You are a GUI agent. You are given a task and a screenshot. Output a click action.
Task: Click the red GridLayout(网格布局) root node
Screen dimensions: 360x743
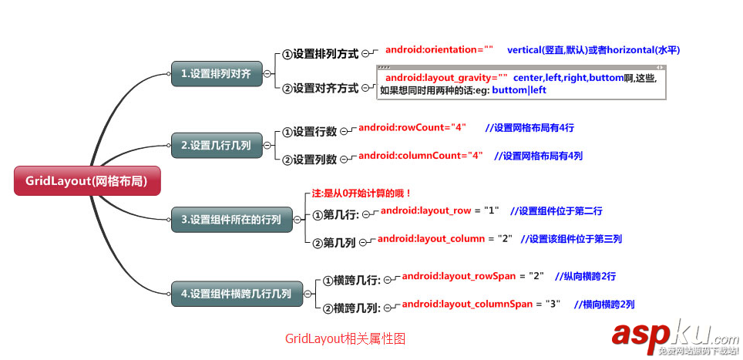click(87, 181)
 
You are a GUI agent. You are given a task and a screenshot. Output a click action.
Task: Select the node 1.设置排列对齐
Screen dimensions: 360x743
click(216, 74)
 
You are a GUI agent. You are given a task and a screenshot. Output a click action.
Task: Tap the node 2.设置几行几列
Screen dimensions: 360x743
click(216, 144)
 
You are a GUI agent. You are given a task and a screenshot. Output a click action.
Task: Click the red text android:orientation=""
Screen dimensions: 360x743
click(439, 50)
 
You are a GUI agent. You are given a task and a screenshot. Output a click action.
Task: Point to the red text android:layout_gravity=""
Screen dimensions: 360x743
click(446, 78)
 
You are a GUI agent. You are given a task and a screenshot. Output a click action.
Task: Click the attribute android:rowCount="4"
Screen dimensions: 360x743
click(412, 127)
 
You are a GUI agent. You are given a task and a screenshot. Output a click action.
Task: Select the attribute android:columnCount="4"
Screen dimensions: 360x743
click(421, 155)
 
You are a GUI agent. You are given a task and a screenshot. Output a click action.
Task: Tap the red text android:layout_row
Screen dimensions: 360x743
click(425, 210)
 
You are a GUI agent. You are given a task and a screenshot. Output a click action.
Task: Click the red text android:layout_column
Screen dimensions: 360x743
click(431, 239)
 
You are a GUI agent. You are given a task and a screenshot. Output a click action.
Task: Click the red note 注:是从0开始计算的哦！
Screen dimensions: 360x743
click(361, 193)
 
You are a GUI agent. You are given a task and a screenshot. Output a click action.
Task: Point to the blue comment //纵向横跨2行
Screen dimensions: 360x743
click(585, 276)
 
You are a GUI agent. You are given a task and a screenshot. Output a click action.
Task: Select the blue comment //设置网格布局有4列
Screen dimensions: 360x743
click(538, 156)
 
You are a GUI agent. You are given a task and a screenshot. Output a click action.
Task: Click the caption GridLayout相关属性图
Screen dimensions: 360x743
click(345, 338)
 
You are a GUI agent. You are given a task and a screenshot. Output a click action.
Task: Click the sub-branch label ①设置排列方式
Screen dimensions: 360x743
click(320, 54)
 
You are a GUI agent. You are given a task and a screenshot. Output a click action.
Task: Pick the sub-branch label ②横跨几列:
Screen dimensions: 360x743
click(351, 308)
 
